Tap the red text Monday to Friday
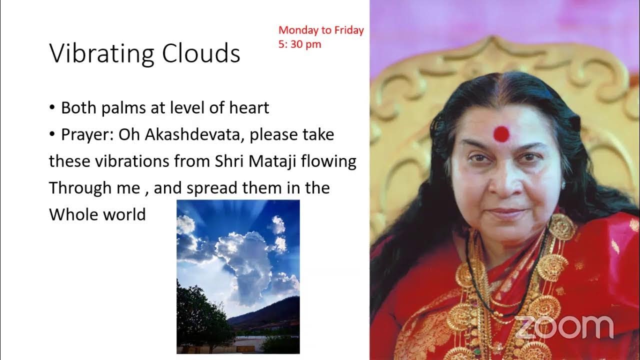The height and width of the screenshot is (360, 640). tap(320, 30)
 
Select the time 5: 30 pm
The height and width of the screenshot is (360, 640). tap(299, 44)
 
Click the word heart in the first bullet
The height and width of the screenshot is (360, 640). tap(248, 108)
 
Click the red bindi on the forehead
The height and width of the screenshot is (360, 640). tap(501, 133)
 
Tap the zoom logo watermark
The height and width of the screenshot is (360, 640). tap(564, 327)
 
